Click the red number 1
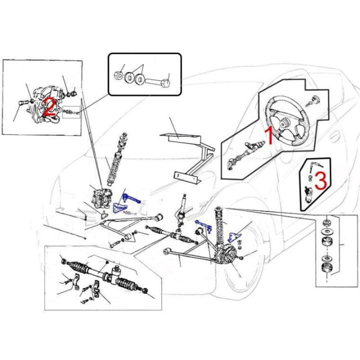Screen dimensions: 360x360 269,136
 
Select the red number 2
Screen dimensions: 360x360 49,106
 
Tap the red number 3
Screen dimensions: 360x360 320,181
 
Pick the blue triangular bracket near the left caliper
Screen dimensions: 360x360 119,208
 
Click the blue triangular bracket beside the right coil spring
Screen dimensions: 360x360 234,237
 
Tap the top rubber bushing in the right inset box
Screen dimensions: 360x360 326,223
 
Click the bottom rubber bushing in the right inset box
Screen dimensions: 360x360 326,267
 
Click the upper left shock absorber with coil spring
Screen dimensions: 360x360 117,159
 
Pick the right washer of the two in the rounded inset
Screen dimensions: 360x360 139,78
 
